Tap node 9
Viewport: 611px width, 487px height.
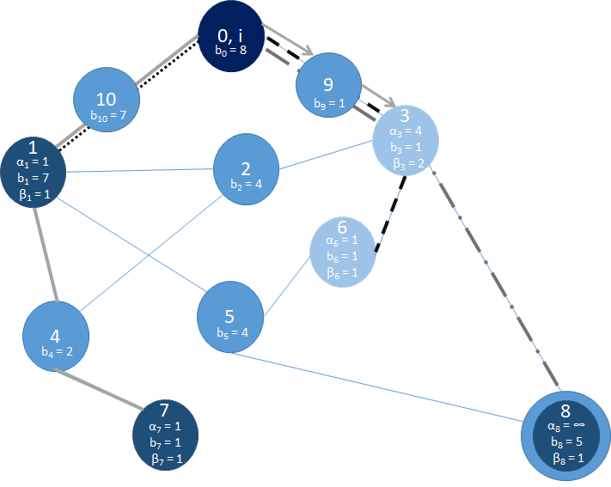(327, 88)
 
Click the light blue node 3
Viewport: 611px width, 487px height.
(406, 139)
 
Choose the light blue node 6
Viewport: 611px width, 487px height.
(342, 250)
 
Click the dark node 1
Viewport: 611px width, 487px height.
(34, 170)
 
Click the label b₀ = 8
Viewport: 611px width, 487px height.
(231, 50)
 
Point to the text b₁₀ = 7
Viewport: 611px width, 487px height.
(108, 113)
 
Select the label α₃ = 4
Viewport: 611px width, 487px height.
(406, 131)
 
